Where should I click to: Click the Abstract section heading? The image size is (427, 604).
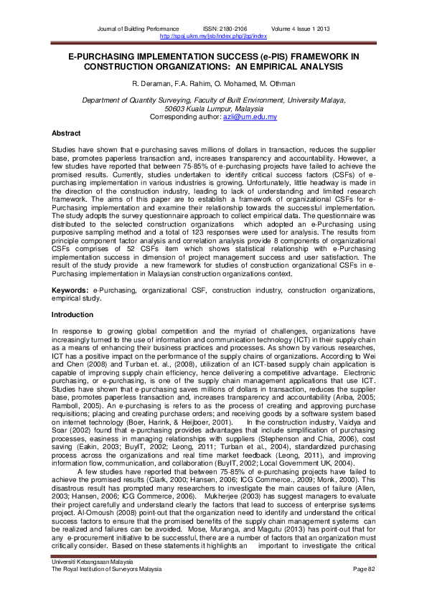pyautogui.click(x=65, y=133)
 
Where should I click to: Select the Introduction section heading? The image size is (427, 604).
pyautogui.click(x=72, y=315)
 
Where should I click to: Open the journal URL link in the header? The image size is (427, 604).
pyautogui.click(x=213, y=34)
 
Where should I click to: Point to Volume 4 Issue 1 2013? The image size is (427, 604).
pyautogui.click(x=301, y=28)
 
